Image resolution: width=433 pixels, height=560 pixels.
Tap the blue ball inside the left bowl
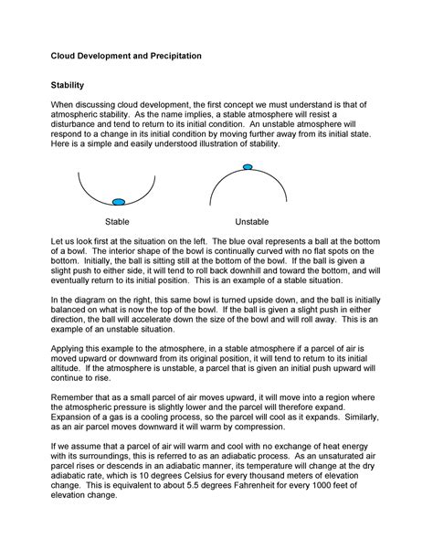pyautogui.click(x=118, y=201)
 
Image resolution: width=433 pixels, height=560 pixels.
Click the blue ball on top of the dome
pyautogui.click(x=247, y=167)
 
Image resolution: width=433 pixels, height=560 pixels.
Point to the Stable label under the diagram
pyautogui.click(x=117, y=222)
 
